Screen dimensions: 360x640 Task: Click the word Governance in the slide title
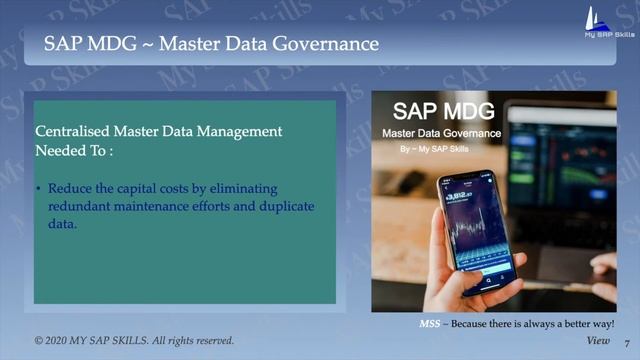point(331,44)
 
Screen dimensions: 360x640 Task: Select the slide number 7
point(626,343)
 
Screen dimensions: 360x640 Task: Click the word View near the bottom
point(598,341)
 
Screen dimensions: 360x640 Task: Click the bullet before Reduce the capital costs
point(38,189)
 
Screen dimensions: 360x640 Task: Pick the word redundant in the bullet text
point(81,207)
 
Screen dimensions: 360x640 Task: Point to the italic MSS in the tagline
point(428,325)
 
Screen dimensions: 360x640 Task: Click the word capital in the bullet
point(143,188)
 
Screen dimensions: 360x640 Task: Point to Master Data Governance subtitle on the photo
point(441,132)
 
